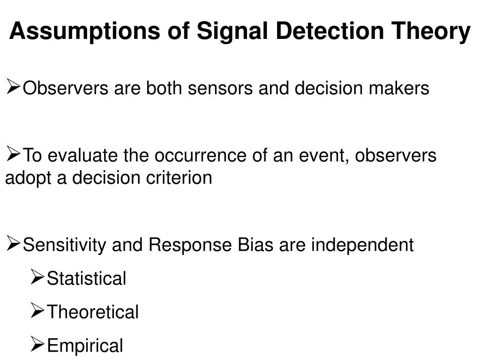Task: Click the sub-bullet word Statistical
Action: (x=87, y=278)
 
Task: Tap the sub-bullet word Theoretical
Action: (x=93, y=312)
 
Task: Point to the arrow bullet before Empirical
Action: (x=37, y=345)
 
